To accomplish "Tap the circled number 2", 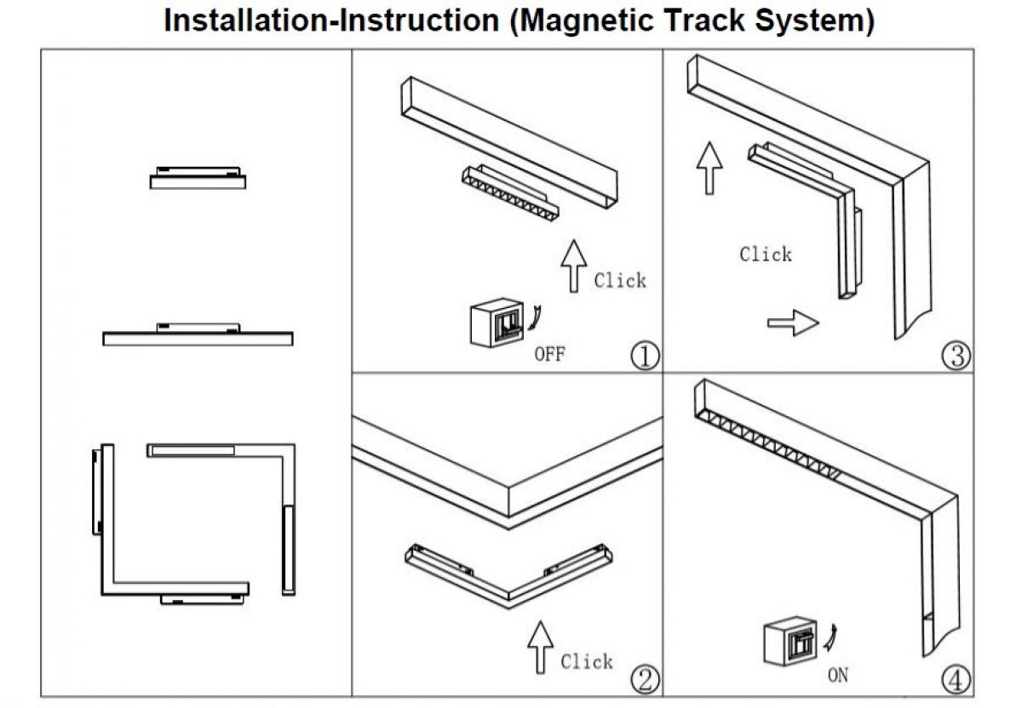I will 645,679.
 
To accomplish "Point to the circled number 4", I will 956,679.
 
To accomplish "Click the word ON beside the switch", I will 837,677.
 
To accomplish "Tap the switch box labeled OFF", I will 496,321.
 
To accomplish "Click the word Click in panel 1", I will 620,280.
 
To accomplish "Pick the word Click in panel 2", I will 587,661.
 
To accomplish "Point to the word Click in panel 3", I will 765,254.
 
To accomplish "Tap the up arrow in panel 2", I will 540,648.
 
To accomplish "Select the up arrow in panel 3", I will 709,168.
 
